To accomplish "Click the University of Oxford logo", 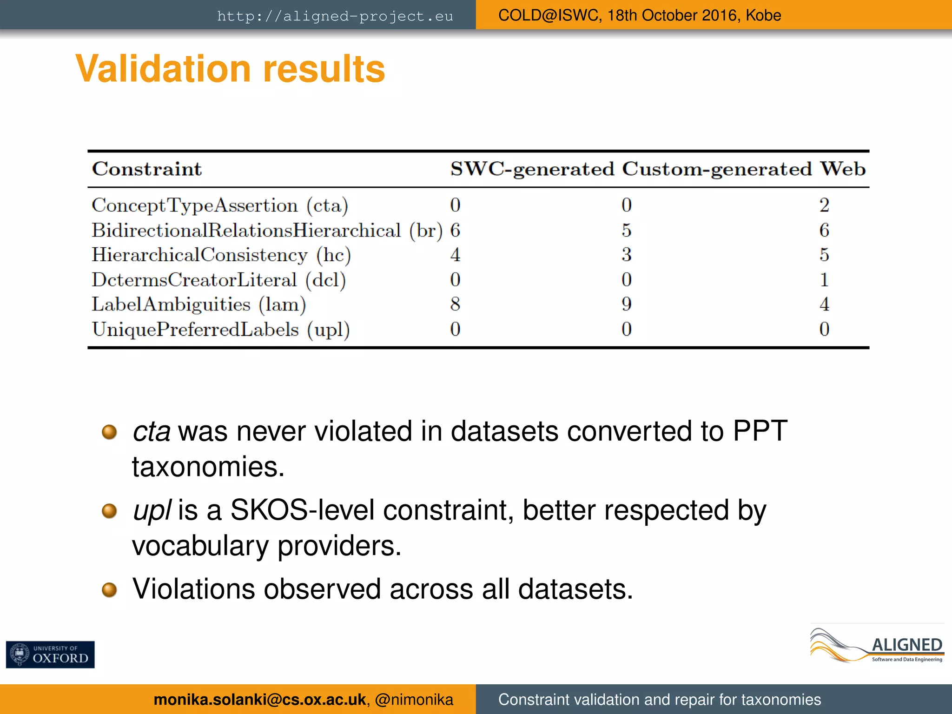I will (x=50, y=654).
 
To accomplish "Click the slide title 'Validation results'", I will (x=230, y=69).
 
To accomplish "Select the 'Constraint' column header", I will (x=147, y=169).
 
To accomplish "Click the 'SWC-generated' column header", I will (x=532, y=169).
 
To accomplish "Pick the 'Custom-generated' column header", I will (x=717, y=169).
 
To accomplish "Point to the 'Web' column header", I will (x=842, y=169).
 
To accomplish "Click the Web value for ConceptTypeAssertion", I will (x=824, y=205).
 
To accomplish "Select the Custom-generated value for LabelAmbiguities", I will (x=627, y=304).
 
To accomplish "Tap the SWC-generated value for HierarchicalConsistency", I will (x=455, y=255).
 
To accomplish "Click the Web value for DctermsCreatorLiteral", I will (x=824, y=279).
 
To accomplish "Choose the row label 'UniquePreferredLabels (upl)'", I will (x=221, y=329).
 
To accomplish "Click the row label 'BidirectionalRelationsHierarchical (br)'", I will (x=267, y=230).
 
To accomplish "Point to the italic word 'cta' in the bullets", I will (x=152, y=431).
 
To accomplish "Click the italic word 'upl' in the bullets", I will (x=152, y=510).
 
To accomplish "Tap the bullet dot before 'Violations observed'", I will (x=109, y=590).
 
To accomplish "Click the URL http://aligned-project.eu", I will (x=335, y=16).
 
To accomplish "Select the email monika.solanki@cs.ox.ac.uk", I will (x=259, y=700).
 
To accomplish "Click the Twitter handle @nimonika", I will (x=414, y=700).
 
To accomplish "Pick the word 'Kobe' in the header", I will (x=763, y=15).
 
